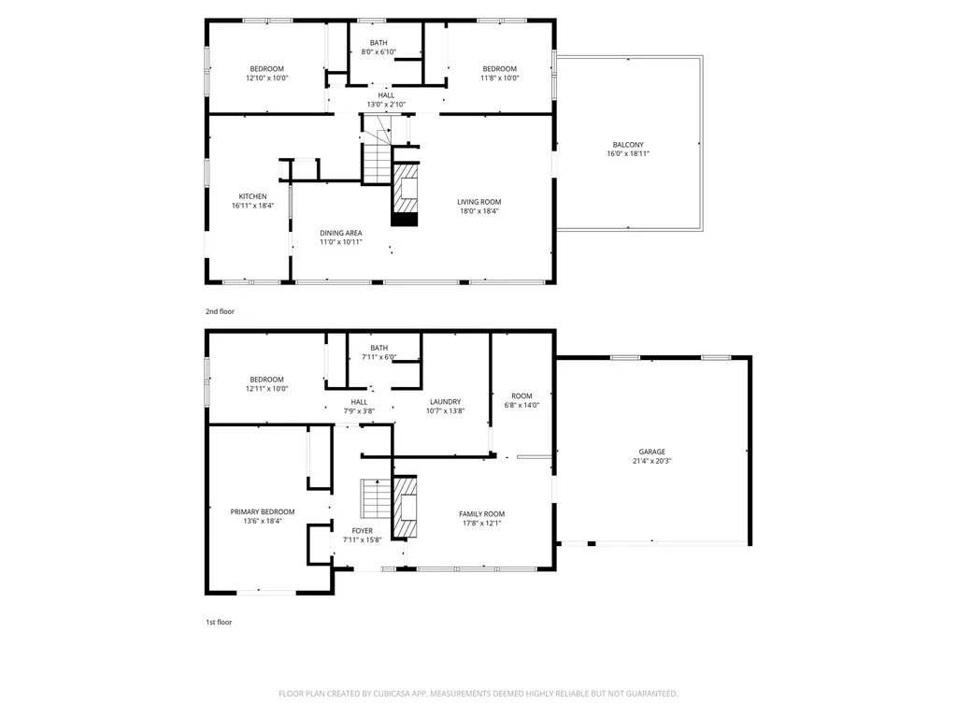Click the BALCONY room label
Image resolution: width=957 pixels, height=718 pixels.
(628, 145)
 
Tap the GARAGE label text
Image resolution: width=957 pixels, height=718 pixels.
(651, 452)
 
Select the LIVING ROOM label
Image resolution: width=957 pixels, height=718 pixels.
(479, 202)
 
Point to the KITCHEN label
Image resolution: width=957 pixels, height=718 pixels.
(252, 196)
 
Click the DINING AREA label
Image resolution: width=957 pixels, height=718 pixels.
(340, 233)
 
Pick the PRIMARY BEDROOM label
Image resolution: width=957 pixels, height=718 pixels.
(263, 511)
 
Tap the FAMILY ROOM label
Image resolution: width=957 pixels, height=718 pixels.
(481, 514)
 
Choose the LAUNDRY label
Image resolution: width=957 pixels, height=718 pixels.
(445, 402)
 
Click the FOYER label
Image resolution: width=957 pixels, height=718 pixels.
(362, 531)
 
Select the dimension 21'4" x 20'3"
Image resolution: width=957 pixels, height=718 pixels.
(651, 461)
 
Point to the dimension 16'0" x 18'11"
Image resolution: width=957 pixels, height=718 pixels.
(628, 154)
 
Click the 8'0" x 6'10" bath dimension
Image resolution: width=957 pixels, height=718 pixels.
(379, 52)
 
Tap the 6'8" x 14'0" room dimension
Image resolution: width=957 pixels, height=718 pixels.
(521, 405)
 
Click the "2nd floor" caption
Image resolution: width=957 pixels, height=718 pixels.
(220, 311)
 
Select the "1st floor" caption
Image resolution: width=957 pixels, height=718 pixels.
(219, 622)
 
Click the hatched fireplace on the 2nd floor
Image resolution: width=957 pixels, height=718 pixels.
(406, 194)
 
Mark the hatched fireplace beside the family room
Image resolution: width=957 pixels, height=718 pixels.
(404, 507)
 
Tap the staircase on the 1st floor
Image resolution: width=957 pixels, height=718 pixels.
(376, 499)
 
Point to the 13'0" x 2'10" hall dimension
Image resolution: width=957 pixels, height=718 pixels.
(386, 105)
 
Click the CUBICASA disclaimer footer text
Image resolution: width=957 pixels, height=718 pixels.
(478, 694)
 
